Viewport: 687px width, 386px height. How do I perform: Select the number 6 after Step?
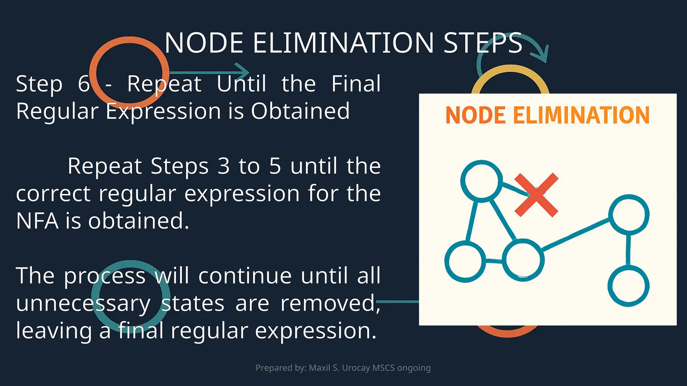click(x=84, y=84)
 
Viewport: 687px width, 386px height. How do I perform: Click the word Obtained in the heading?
click(x=300, y=111)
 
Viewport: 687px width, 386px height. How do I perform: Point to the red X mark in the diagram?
click(x=536, y=195)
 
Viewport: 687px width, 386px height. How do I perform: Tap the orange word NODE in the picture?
click(x=476, y=115)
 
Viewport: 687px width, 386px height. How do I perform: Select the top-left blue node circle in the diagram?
click(x=482, y=181)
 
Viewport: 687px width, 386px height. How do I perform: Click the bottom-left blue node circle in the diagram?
click(x=465, y=261)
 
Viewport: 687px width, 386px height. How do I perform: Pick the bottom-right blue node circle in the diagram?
click(x=629, y=285)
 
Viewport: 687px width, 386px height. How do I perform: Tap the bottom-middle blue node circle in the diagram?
click(x=523, y=260)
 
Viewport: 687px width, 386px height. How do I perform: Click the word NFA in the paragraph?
click(x=37, y=221)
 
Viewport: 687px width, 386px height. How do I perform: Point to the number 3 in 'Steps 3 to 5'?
click(x=223, y=166)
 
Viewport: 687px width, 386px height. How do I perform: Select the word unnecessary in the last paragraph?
click(x=83, y=304)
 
